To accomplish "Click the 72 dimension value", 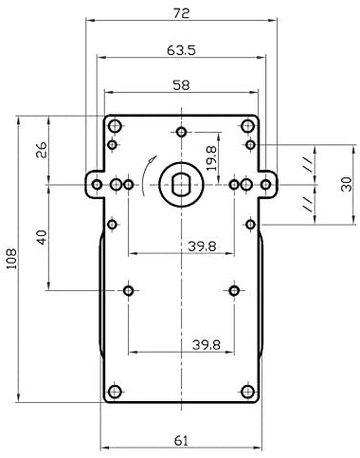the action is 181,13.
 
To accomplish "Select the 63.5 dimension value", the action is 181,50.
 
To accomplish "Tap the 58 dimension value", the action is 181,85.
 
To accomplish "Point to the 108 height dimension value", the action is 11,259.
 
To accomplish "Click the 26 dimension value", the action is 41,150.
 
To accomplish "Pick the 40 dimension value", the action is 41,238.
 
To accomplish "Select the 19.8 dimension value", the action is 211,158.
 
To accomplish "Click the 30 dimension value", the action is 347,184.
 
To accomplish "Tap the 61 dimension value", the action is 181,441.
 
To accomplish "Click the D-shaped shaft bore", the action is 181,185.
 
